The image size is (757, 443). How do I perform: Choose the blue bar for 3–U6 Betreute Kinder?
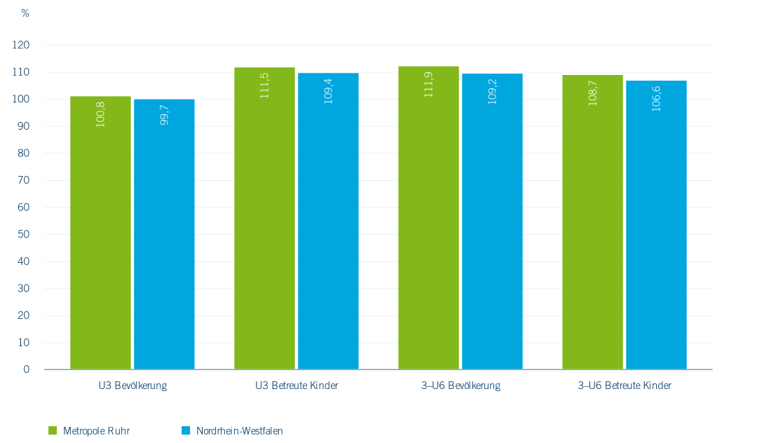(656, 224)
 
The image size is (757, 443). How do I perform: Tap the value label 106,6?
(656, 98)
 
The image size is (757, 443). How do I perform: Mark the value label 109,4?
(328, 90)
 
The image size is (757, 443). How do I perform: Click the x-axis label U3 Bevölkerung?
(132, 386)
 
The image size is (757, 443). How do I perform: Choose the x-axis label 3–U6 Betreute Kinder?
(625, 386)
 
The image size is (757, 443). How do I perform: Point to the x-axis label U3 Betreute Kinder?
(296, 386)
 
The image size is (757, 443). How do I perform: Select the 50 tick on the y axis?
(25, 234)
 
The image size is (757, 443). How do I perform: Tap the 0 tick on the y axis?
(27, 369)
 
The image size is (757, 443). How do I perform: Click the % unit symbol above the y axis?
(25, 13)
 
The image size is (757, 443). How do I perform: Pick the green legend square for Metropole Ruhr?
(52, 430)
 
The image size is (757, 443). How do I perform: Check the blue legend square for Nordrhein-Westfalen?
(185, 430)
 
